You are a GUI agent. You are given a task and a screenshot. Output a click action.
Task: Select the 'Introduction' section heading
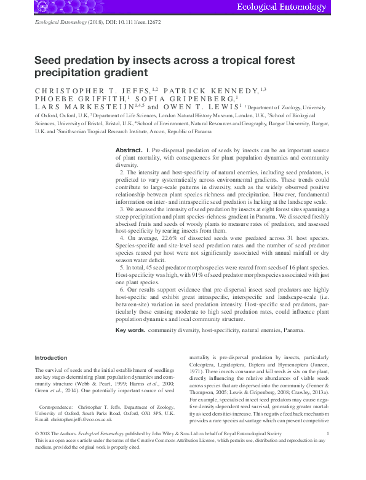(52, 357)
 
